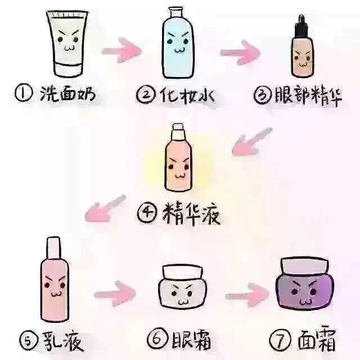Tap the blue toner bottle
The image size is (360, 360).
tap(178, 45)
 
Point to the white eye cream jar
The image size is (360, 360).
tap(181, 288)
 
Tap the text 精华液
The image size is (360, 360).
tap(189, 214)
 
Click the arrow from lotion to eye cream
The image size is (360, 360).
tap(115, 294)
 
